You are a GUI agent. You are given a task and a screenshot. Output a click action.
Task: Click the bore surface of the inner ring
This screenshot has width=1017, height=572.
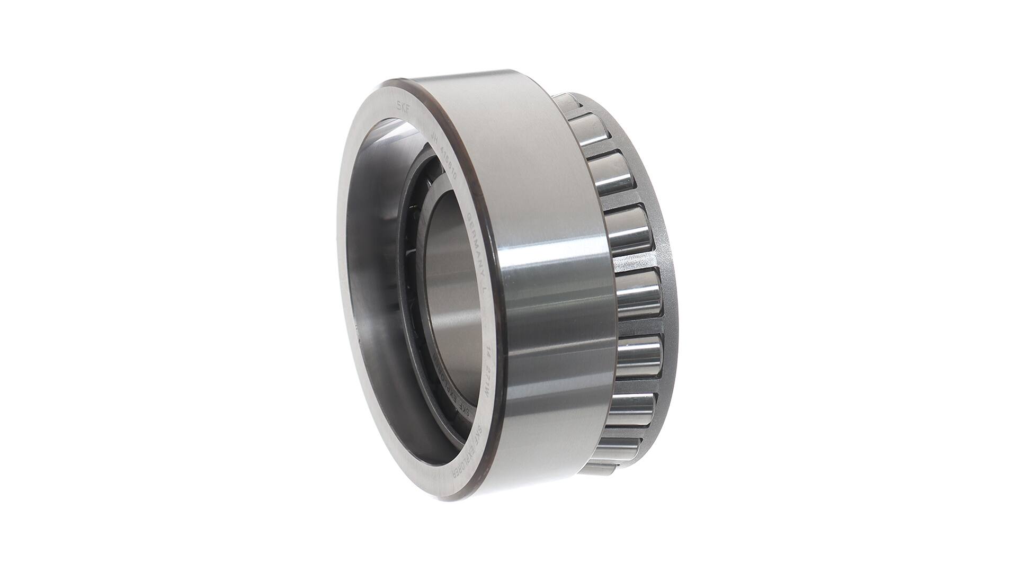(450, 286)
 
